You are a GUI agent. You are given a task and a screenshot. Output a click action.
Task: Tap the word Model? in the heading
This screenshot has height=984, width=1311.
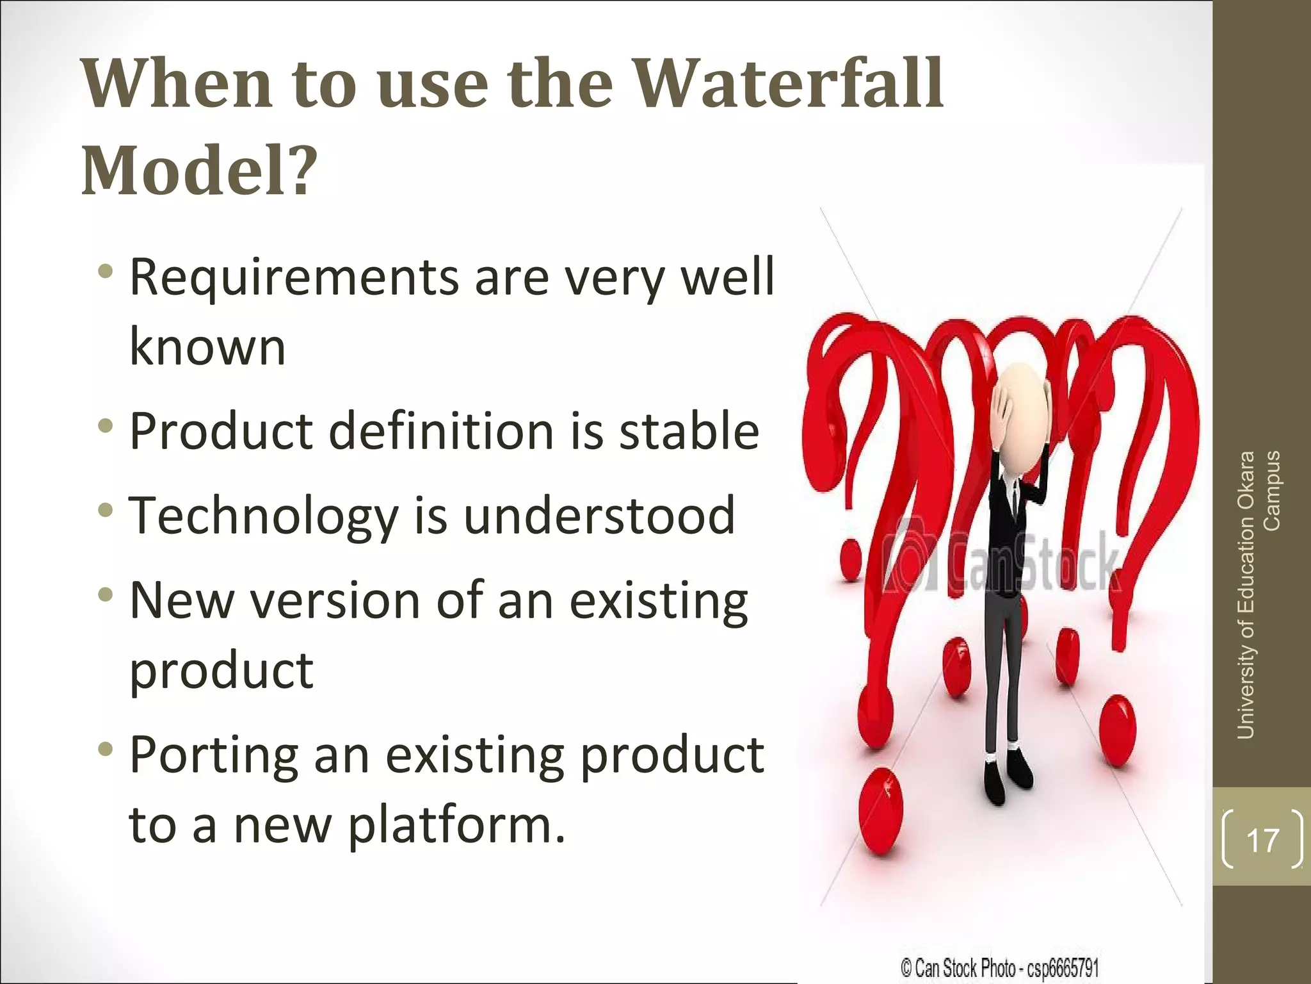click(199, 170)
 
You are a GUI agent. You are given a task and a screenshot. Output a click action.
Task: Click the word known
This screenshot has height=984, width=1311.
click(207, 347)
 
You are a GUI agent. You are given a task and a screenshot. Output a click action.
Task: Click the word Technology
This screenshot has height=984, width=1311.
click(264, 516)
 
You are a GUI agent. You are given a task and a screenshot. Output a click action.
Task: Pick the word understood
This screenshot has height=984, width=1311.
click(599, 515)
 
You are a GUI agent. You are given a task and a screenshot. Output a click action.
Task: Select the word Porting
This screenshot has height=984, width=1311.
click(214, 756)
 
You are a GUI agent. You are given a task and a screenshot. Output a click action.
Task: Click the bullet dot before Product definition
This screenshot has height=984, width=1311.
click(106, 425)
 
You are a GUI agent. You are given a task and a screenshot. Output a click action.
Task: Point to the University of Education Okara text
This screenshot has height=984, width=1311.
click(1246, 596)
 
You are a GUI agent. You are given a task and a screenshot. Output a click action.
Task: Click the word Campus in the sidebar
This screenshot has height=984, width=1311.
click(1272, 491)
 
